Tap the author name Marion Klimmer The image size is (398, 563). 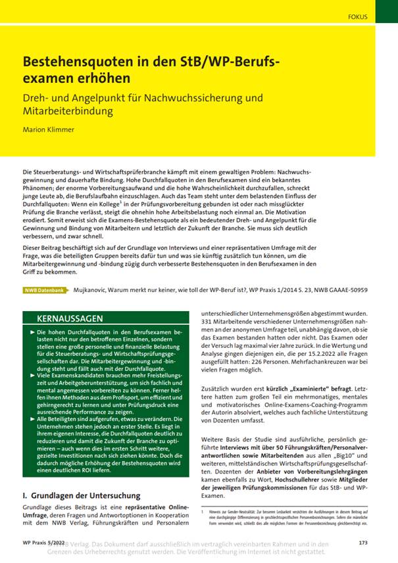[x=49, y=129]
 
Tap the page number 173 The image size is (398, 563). [x=362, y=543]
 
